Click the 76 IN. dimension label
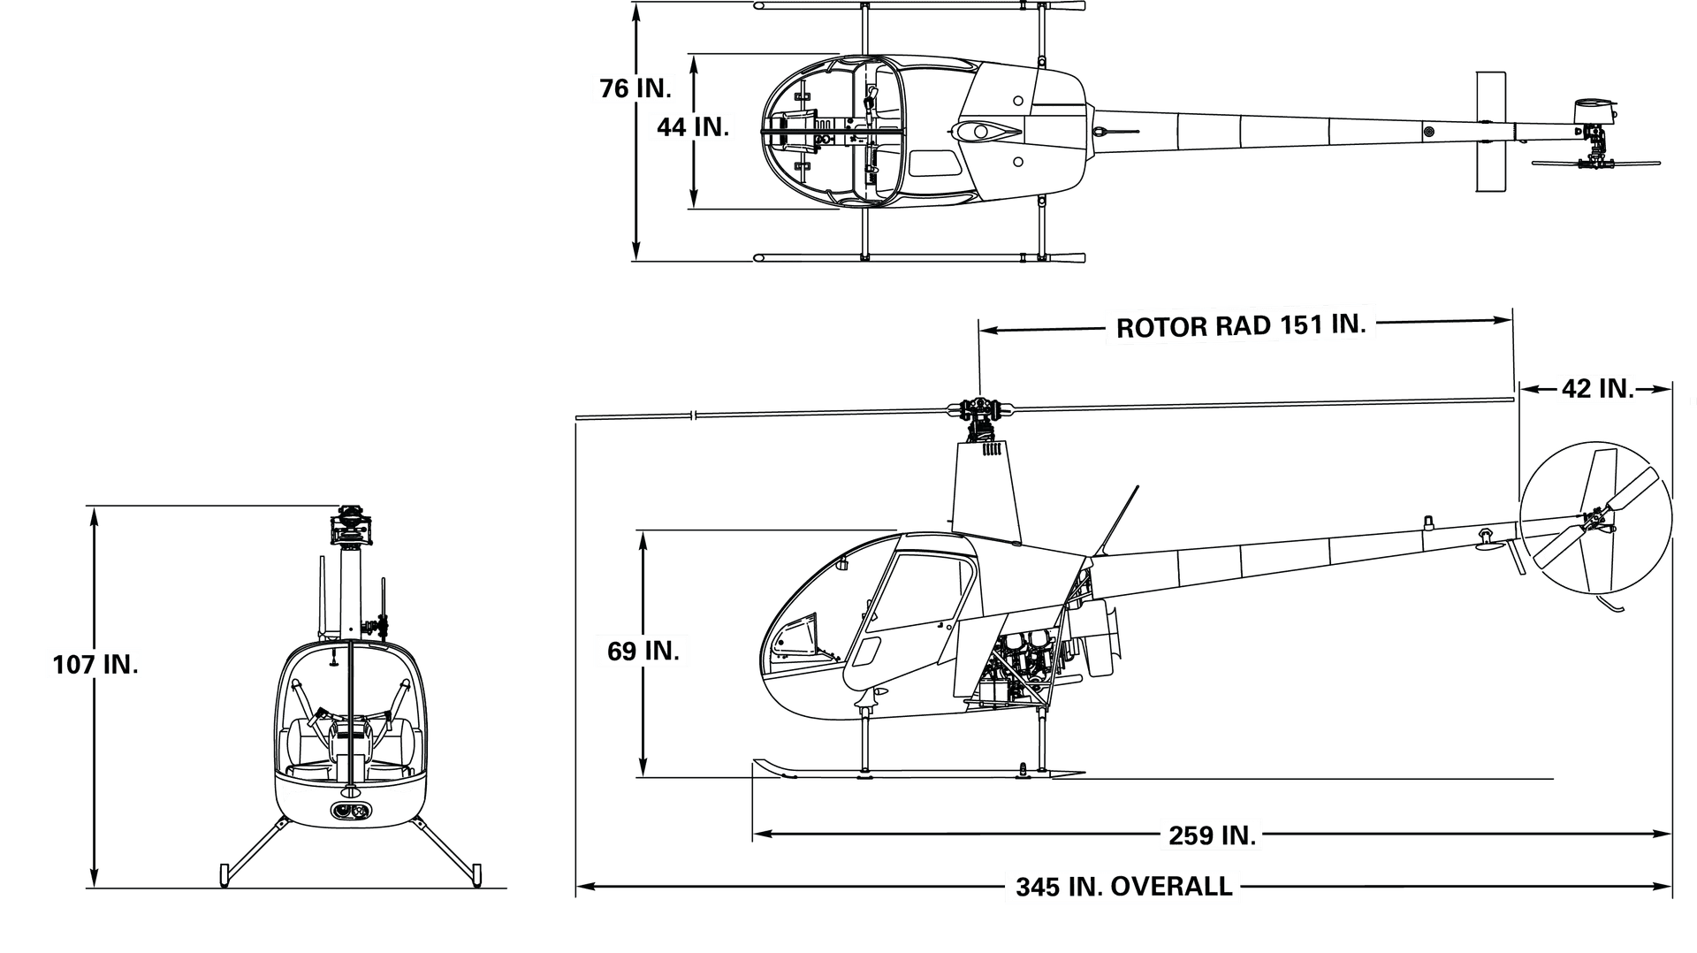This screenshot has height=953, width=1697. tap(635, 88)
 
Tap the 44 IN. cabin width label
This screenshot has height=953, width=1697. tap(693, 127)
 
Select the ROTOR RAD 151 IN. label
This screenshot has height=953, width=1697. tap(1241, 326)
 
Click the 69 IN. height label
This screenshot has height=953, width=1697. tap(643, 651)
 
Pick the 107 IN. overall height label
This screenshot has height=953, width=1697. tap(95, 665)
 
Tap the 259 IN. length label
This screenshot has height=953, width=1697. tap(1213, 835)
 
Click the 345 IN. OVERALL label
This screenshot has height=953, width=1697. tap(1124, 886)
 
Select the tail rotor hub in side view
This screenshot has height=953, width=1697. tap(1594, 522)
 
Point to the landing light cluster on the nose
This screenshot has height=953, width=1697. tap(352, 811)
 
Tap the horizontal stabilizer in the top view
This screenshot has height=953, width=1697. tap(1490, 131)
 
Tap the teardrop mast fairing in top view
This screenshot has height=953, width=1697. tap(987, 132)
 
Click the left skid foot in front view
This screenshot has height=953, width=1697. tap(224, 874)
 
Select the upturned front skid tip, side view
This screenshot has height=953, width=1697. tap(772, 767)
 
